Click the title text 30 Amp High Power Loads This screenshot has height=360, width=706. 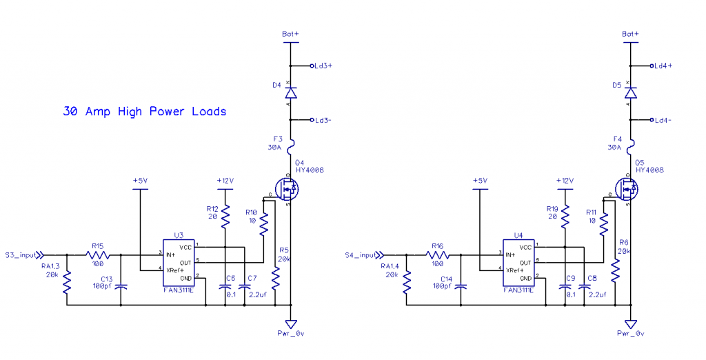pyautogui.click(x=144, y=111)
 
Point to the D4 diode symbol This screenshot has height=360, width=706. pyautogui.click(x=291, y=92)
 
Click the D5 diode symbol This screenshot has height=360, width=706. pyautogui.click(x=629, y=92)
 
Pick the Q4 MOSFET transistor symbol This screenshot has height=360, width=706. pyautogui.click(x=285, y=188)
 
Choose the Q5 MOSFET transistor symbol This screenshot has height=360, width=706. pyautogui.click(x=625, y=188)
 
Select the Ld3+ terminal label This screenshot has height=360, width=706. pyautogui.click(x=323, y=66)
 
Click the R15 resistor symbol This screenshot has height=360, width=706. pyautogui.click(x=98, y=254)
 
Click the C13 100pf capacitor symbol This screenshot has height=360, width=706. pyautogui.click(x=121, y=285)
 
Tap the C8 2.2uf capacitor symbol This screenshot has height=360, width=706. pyautogui.click(x=583, y=288)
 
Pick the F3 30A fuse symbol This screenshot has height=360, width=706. pyautogui.click(x=291, y=144)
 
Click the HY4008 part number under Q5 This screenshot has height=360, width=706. pyautogui.click(x=649, y=170)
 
